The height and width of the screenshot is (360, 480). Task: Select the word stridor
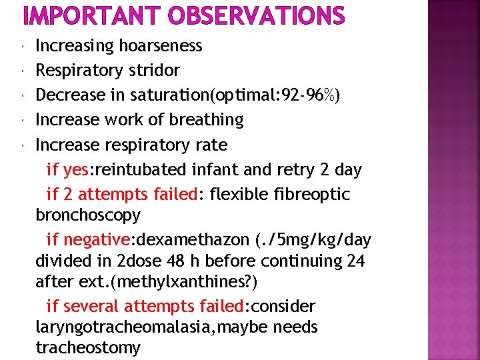pyautogui.click(x=155, y=70)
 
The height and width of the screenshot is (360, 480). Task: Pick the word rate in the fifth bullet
pyautogui.click(x=213, y=145)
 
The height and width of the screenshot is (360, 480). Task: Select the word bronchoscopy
pyautogui.click(x=88, y=215)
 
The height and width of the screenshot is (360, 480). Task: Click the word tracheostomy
pyautogui.click(x=88, y=347)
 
